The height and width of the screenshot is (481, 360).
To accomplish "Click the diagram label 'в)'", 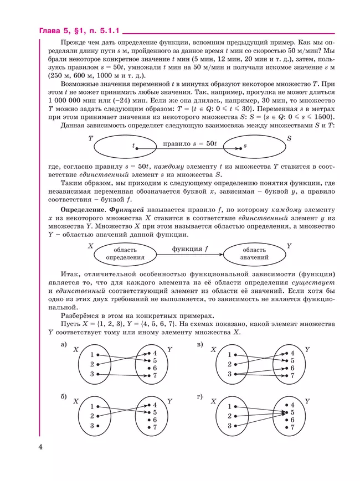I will point(200,345).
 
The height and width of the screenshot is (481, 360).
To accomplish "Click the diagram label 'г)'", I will point(200,396).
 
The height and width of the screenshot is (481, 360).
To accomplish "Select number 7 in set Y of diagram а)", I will point(155,376).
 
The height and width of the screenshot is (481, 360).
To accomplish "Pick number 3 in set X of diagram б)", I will point(92,426).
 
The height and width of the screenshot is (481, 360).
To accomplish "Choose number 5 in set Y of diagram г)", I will point(292,412).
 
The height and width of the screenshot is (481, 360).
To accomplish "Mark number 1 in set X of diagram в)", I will point(229,355).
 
